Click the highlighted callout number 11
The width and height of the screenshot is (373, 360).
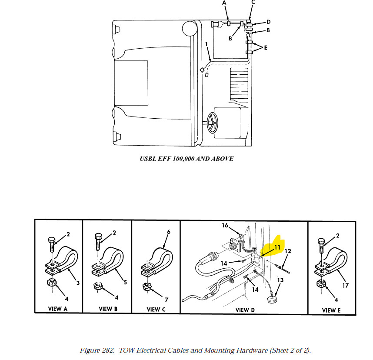[x=276, y=247]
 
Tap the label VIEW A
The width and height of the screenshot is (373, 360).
[x=58, y=309]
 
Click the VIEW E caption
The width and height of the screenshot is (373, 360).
[x=332, y=310]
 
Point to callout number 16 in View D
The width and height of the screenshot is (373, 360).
[x=225, y=225]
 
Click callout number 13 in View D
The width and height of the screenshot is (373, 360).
[x=280, y=280]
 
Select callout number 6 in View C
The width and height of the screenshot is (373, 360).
[x=168, y=232]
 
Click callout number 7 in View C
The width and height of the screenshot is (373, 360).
[x=167, y=300]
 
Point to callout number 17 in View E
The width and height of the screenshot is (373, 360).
[x=346, y=286]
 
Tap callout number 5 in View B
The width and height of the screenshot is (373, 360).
[x=125, y=282]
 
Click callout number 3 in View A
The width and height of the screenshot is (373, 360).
[x=78, y=283]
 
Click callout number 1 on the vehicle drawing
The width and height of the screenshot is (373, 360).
[x=206, y=44]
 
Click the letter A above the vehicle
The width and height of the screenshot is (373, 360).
[x=224, y=3]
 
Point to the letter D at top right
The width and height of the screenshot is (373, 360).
[x=268, y=22]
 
